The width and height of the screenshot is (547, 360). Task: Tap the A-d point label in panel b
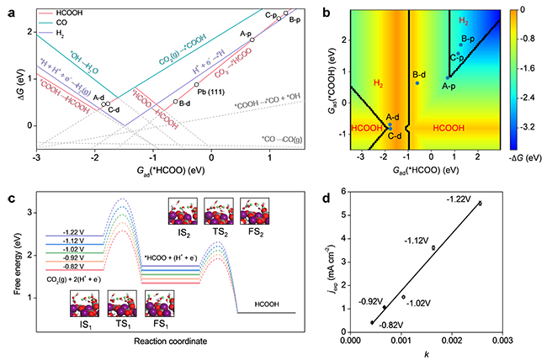[x=392, y=118]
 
